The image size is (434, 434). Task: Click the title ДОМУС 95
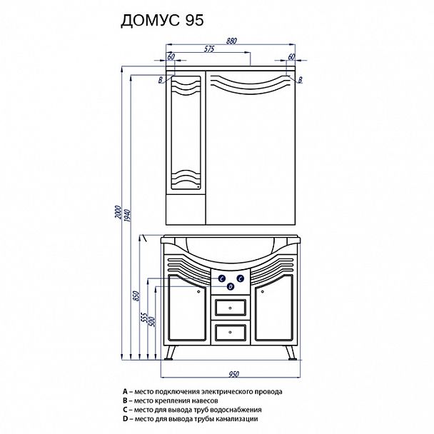162,20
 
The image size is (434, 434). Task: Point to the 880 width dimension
231,41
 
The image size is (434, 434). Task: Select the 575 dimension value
209,49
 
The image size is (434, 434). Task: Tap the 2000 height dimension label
118,212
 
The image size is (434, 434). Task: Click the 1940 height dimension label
127,216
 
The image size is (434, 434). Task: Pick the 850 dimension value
136,296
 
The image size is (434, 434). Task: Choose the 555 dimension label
144,318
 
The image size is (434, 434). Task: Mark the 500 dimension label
152,322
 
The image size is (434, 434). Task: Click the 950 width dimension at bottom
233,374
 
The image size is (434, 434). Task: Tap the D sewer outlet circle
231,287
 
